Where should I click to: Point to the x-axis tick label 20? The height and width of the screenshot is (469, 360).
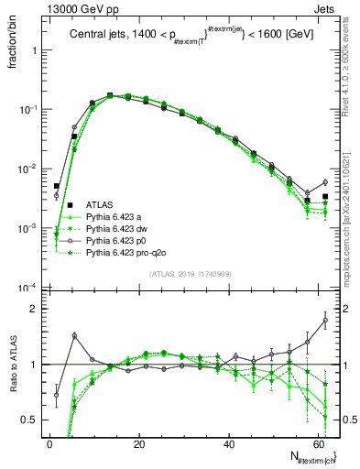pos(137,443)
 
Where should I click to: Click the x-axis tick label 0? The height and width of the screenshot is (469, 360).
pos(49,443)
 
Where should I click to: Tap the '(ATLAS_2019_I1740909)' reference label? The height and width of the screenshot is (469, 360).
pos(191,275)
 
